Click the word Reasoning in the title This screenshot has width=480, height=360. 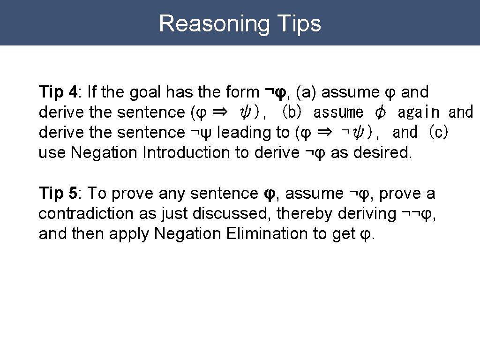(213, 23)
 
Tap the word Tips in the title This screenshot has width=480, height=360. (299, 23)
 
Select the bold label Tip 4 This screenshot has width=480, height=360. (58, 92)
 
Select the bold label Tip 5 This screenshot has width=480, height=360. (58, 193)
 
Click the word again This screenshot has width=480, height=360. (419, 112)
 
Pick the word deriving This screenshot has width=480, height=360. (367, 213)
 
